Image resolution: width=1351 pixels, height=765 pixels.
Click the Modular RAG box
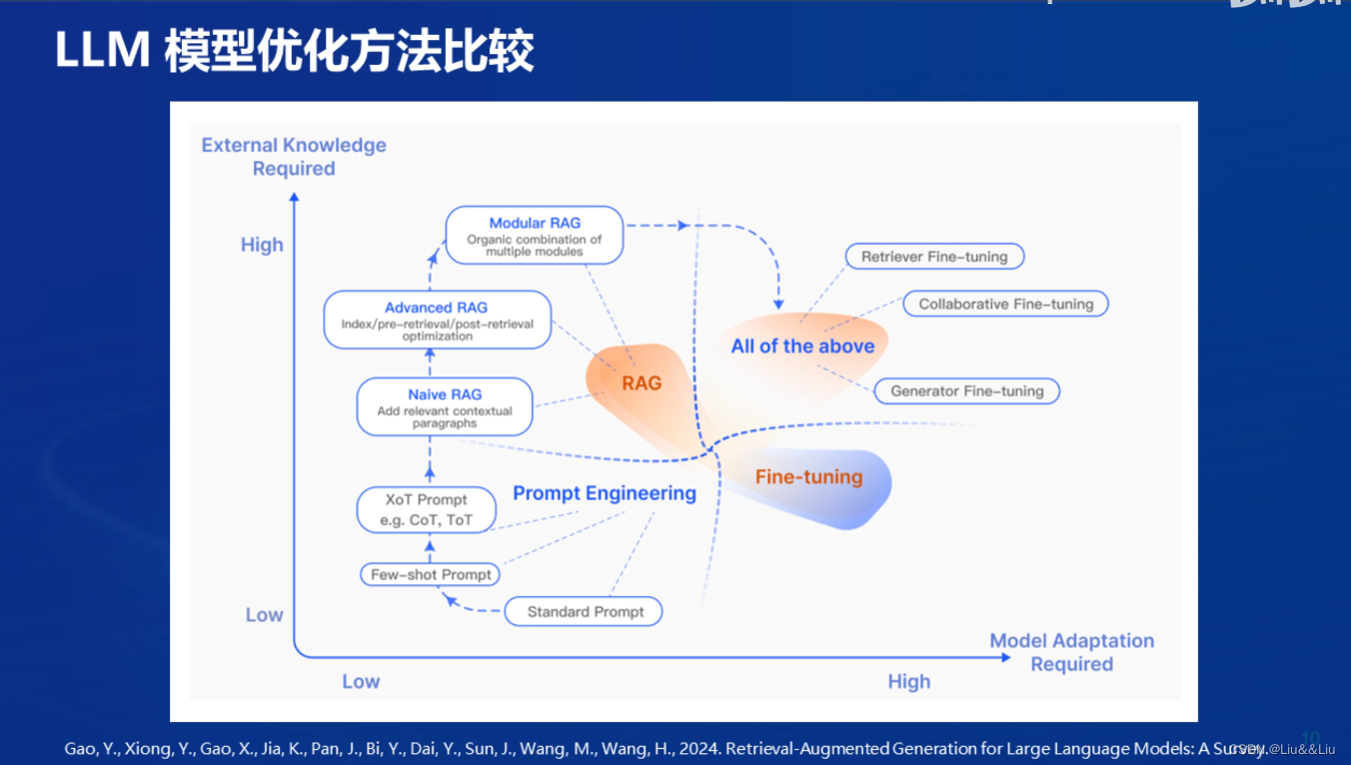click(x=534, y=236)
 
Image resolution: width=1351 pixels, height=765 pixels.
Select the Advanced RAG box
click(x=437, y=320)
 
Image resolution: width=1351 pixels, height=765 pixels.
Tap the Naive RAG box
click(x=445, y=406)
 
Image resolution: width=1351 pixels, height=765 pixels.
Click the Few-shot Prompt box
click(x=431, y=574)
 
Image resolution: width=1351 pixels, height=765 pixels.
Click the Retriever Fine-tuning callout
click(x=934, y=257)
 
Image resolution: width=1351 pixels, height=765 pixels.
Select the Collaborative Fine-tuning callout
click(x=1005, y=304)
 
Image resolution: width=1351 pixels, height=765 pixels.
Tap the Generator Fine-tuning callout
click(x=966, y=390)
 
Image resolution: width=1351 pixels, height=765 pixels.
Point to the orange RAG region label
click(x=642, y=382)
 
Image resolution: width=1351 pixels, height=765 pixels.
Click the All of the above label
click(x=802, y=347)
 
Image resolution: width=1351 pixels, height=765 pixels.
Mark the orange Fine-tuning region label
click(x=808, y=476)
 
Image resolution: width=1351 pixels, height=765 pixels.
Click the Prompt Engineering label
click(x=604, y=493)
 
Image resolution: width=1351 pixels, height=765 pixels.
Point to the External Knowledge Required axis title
click(x=294, y=157)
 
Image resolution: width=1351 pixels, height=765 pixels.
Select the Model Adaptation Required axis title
click(x=1071, y=652)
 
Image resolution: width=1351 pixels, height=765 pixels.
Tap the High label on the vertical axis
click(x=262, y=245)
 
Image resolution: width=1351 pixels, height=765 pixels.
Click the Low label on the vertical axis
click(x=264, y=615)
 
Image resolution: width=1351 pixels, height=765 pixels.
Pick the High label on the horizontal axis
click(x=908, y=681)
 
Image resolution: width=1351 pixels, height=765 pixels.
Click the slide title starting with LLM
click(x=294, y=52)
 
